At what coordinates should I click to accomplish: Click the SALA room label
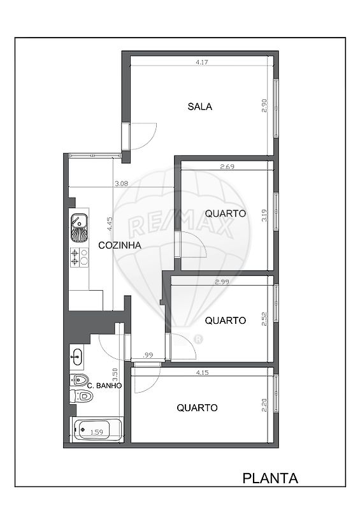[199, 106]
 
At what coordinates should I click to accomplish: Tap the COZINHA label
[120, 245]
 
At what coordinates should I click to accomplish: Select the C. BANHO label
[104, 386]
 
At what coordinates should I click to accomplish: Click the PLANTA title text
[270, 478]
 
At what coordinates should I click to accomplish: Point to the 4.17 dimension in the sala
[202, 62]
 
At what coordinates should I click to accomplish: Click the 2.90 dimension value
[264, 106]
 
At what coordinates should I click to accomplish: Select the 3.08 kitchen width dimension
[121, 184]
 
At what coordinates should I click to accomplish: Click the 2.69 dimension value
[227, 167]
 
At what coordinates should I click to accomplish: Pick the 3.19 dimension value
[264, 215]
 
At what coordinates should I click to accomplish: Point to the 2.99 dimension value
[222, 282]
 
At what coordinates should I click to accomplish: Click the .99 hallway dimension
[148, 355]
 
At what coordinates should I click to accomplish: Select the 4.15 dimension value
[202, 373]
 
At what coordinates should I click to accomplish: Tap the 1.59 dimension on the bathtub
[97, 432]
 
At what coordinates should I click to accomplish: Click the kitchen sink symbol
[79, 228]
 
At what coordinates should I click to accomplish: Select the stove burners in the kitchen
[80, 258]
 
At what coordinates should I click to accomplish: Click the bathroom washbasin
[77, 357]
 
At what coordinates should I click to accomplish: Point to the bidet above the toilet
[79, 379]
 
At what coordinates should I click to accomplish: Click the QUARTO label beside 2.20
[197, 408]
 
